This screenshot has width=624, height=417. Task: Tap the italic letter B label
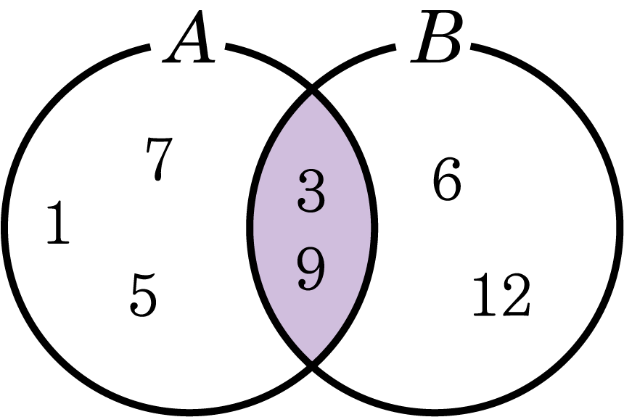(437, 36)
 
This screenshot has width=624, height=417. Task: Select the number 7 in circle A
(159, 159)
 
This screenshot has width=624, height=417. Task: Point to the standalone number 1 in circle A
(58, 222)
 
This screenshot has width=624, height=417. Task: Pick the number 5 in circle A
(143, 295)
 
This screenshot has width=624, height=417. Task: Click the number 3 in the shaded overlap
(311, 191)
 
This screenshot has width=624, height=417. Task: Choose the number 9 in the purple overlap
(311, 269)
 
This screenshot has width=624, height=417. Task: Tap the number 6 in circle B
(447, 178)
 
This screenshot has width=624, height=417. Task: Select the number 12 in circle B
(501, 295)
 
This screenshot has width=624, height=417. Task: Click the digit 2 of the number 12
(516, 295)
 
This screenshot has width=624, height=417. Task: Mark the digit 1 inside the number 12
(485, 295)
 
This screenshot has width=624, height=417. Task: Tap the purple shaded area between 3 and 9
(311, 230)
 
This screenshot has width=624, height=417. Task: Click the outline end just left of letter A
(149, 47)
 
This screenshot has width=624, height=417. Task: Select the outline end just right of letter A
(227, 46)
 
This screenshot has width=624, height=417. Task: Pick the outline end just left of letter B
(395, 47)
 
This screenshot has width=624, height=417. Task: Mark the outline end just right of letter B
(472, 46)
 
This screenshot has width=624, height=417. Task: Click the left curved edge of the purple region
(250, 227)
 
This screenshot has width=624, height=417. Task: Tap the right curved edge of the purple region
(374, 227)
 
